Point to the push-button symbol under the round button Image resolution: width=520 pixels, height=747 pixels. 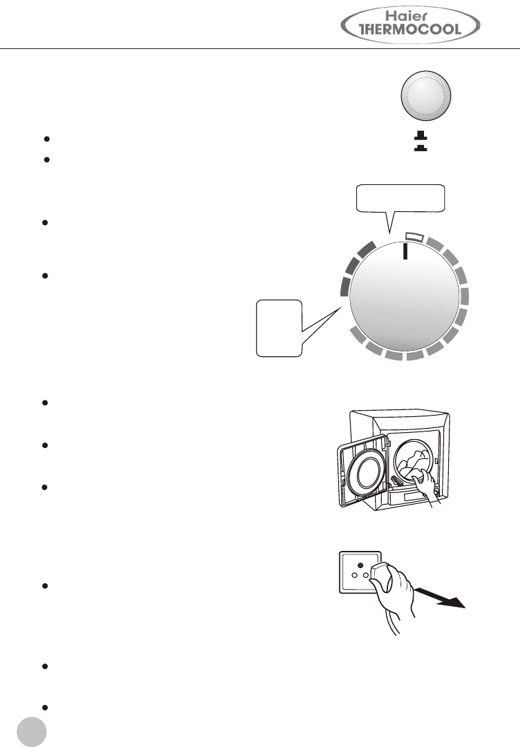(419, 142)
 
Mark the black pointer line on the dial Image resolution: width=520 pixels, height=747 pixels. (405, 250)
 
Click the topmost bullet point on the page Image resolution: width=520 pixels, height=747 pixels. (46, 139)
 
